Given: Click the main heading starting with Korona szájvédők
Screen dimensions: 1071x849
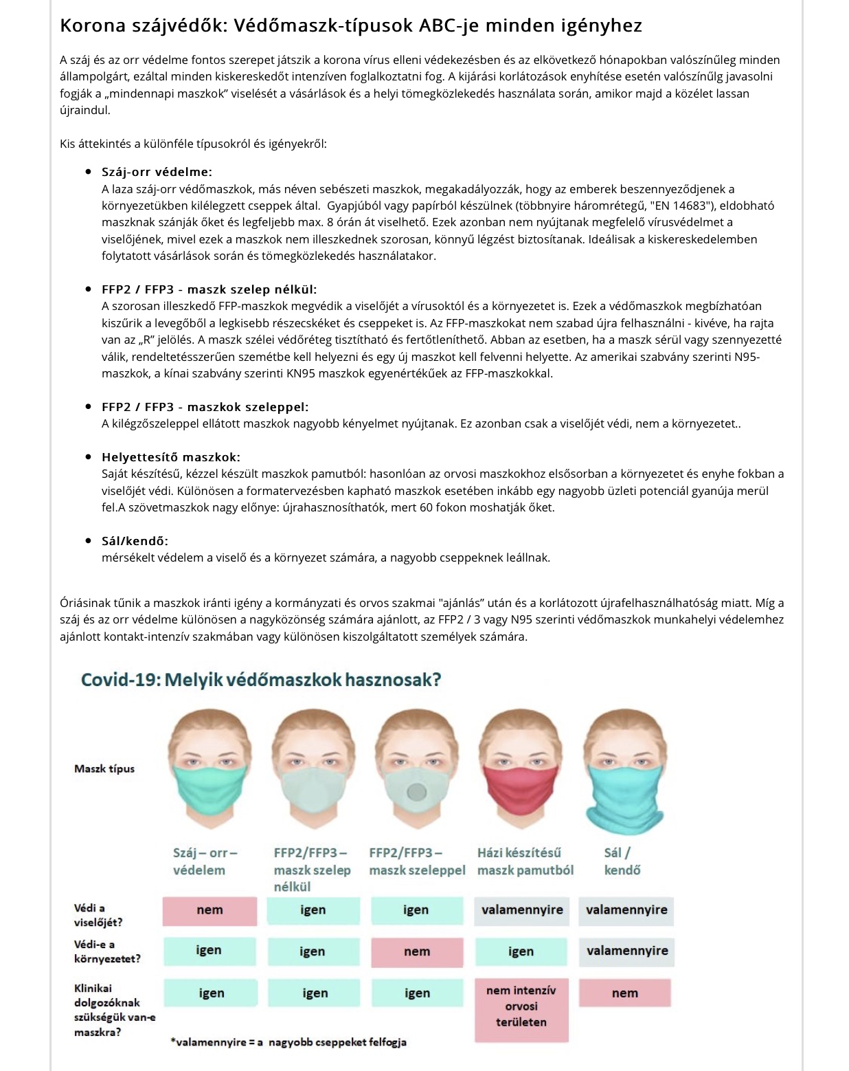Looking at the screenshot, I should (350, 25).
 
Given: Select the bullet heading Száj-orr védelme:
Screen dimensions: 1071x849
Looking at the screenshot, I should (157, 172).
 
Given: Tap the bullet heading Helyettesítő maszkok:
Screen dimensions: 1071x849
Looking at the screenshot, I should (170, 457).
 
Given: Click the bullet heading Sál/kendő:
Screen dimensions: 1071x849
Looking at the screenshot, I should (135, 541).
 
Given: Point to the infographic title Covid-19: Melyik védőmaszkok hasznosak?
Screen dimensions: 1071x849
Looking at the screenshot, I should (261, 680).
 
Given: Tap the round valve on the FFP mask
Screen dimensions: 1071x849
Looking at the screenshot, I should (416, 793).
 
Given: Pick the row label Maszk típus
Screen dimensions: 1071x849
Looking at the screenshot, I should (104, 769).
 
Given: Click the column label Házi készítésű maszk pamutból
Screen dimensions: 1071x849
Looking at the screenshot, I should (525, 861).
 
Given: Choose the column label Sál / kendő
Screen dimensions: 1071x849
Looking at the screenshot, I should (622, 861).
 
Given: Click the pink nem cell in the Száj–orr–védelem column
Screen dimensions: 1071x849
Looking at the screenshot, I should (210, 910).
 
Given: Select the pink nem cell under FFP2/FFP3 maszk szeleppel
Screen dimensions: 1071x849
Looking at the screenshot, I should (417, 951).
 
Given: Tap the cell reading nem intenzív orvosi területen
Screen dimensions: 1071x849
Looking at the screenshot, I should (521, 1006).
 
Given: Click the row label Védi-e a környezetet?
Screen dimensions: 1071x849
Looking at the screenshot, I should (106, 951).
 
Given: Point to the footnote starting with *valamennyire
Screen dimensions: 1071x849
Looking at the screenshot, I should (288, 1042).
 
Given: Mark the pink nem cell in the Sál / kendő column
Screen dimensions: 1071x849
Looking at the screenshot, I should (624, 993).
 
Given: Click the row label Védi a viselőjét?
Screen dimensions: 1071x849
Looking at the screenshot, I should (98, 915).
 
